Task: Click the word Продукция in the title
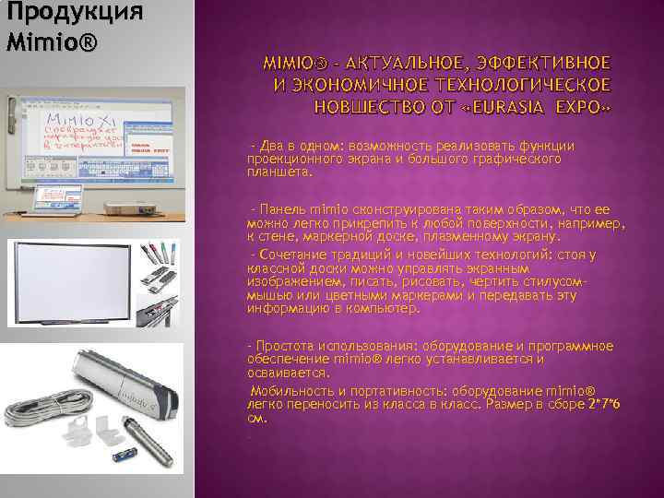click(73, 13)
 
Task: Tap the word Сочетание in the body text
click(294, 253)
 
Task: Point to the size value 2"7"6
click(606, 404)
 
